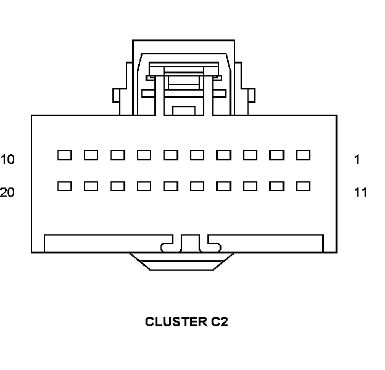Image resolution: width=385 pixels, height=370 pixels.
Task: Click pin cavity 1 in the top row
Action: [303, 155]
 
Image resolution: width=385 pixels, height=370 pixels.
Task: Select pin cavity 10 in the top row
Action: [64, 155]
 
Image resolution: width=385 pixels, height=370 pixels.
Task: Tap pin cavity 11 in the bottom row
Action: [303, 186]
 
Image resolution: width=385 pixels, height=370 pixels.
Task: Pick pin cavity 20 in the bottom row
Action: [64, 186]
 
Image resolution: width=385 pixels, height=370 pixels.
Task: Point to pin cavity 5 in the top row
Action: [197, 155]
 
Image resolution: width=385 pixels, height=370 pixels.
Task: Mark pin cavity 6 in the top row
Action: [170, 155]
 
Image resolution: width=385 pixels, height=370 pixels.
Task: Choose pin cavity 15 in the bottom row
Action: [197, 186]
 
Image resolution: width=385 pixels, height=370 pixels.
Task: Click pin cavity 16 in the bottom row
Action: [170, 186]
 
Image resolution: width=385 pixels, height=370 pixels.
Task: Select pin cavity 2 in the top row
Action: [276, 155]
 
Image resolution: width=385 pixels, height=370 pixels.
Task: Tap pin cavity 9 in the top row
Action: [91, 155]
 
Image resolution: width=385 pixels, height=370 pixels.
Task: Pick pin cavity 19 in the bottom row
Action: [91, 186]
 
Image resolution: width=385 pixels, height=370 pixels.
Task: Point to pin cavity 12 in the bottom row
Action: [276, 186]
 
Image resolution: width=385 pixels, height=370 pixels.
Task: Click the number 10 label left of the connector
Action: [7, 160]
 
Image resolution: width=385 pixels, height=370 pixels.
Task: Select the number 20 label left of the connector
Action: [7, 192]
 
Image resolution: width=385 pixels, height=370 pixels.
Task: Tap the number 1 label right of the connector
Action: [357, 160]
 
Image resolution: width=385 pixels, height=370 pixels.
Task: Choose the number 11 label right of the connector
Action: [360, 192]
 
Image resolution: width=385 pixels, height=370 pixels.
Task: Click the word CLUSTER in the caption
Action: [172, 322]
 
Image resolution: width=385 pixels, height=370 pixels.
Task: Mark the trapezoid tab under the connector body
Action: [181, 261]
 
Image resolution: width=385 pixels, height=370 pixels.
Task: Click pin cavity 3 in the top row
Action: [250, 155]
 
